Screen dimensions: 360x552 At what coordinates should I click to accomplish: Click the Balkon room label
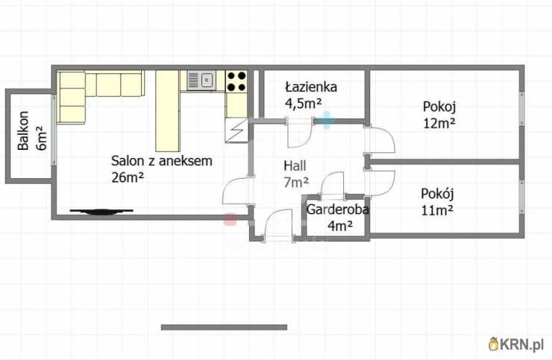(x=24, y=130)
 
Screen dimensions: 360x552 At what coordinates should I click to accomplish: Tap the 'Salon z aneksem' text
(x=162, y=160)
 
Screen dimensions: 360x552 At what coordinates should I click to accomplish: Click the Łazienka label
(x=310, y=87)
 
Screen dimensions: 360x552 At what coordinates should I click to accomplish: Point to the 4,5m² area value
(x=303, y=104)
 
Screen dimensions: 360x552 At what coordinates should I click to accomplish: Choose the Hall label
(x=295, y=165)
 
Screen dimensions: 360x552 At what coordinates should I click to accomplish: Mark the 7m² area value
(x=295, y=182)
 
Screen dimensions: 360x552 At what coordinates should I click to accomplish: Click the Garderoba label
(x=337, y=209)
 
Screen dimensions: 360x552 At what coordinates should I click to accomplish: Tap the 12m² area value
(x=439, y=123)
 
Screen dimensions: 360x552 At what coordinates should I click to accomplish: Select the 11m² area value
(x=437, y=210)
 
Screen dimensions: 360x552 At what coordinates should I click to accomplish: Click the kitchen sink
(x=201, y=80)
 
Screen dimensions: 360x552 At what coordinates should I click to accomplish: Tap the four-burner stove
(x=236, y=80)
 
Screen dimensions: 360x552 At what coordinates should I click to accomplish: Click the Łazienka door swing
(x=300, y=133)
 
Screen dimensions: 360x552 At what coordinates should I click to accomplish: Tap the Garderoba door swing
(x=331, y=184)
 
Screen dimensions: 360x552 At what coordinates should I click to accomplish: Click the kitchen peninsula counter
(x=167, y=110)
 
